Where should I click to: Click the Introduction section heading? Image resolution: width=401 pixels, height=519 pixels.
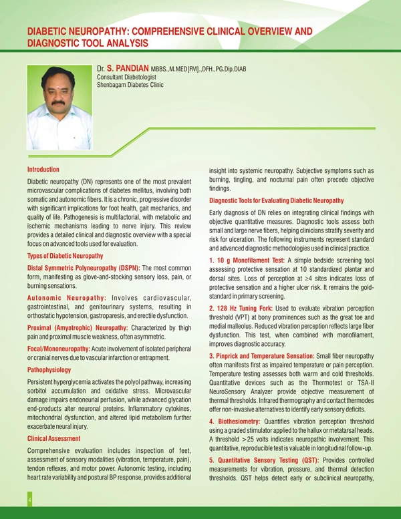[x=43, y=170]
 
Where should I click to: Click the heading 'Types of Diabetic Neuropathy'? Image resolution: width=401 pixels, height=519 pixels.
[x=65, y=256]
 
